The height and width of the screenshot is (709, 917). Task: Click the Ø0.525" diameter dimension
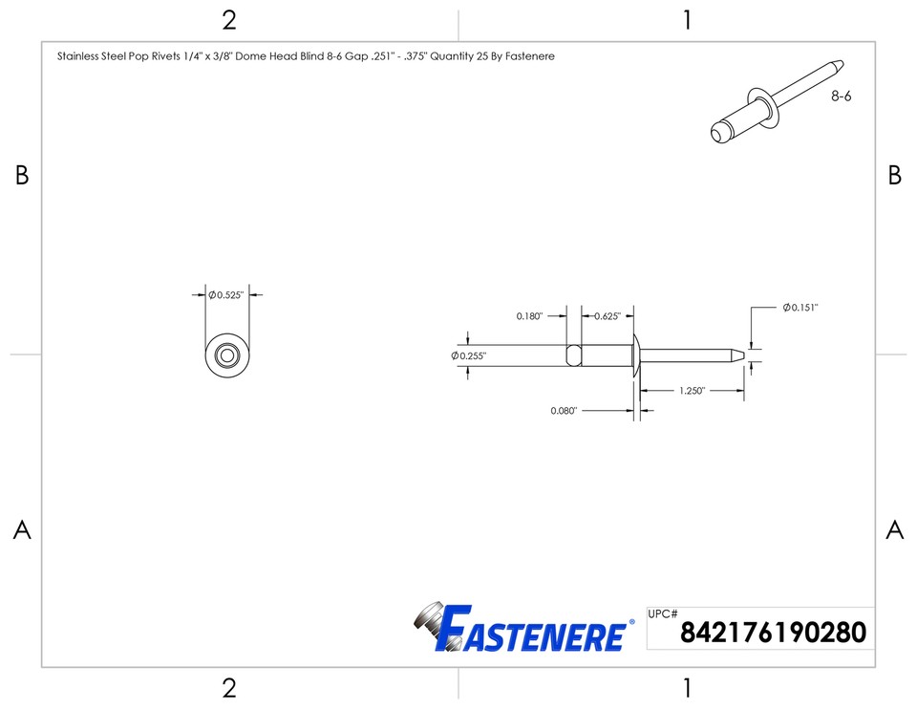[226, 295]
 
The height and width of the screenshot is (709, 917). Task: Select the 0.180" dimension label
[529, 316]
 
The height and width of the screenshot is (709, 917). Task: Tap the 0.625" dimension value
[608, 316]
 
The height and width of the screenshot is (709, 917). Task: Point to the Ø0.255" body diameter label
[469, 355]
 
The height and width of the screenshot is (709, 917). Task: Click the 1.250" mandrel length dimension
[693, 391]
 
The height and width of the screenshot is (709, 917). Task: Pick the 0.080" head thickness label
[564, 411]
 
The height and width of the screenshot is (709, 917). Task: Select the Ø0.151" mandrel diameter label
[800, 308]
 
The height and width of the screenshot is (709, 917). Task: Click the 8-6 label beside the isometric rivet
[841, 97]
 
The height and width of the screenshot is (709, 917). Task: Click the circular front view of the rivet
[227, 355]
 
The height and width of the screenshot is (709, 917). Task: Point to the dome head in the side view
[635, 355]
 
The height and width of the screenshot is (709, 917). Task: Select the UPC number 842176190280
[773, 633]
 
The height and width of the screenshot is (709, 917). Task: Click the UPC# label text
[662, 614]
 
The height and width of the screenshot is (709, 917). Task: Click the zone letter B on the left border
[22, 176]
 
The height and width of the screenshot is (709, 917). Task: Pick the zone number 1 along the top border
[686, 20]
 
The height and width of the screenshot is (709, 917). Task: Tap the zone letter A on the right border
[894, 530]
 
